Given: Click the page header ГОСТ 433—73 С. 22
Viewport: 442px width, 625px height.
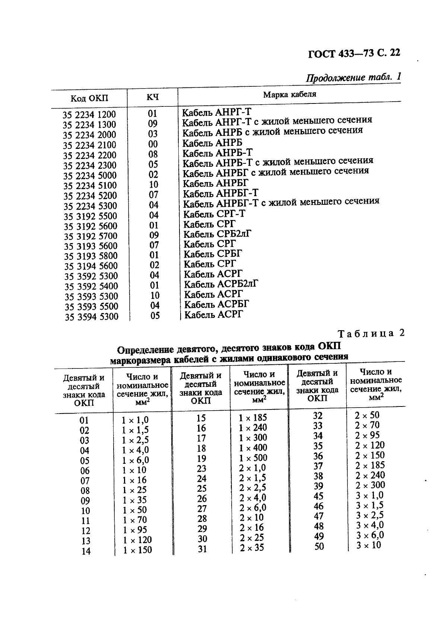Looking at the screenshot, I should (354, 53).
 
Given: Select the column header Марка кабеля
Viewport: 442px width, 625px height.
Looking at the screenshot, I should (289, 94).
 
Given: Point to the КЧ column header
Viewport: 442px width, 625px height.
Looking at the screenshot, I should (152, 97).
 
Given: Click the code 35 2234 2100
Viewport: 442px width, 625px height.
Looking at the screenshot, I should (89, 145).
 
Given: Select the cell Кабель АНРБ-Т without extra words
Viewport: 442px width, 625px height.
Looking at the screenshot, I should (218, 153).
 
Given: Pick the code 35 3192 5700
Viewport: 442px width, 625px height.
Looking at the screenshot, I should (90, 236).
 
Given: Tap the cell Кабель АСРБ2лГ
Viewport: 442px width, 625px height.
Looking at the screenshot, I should (221, 284).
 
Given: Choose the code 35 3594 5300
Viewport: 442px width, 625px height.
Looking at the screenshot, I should (91, 317).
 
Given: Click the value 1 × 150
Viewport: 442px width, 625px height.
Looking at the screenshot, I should (137, 550).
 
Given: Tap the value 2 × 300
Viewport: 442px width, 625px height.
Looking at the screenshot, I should (369, 485).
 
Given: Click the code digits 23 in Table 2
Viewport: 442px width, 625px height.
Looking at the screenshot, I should (201, 469).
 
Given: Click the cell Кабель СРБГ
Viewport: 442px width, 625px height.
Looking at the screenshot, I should (213, 254).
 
